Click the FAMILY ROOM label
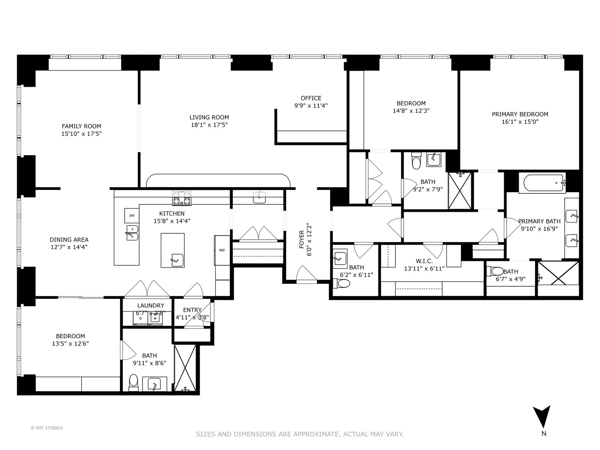point(81,126)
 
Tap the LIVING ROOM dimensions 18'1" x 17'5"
point(210,125)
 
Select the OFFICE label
point(311,98)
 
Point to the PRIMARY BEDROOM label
point(520,114)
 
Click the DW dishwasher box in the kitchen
point(132,215)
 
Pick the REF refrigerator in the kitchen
point(222,250)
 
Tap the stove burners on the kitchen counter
point(182,198)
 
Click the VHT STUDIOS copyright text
point(47,428)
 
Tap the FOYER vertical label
point(302,239)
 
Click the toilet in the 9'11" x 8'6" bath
point(133,380)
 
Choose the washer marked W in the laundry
point(155,318)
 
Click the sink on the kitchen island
point(177,260)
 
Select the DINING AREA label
point(69,240)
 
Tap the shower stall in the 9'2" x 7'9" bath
point(460,190)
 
